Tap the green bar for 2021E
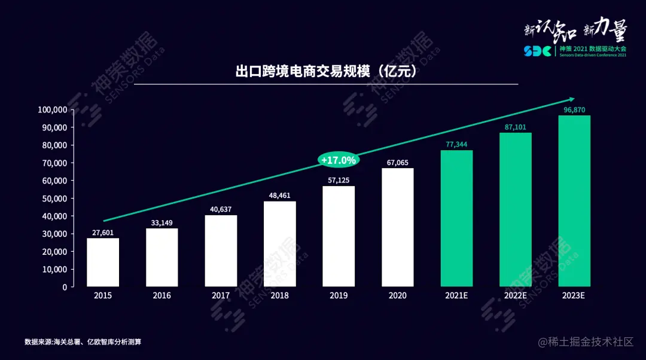point(456,218)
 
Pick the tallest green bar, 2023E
point(574,201)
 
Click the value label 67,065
point(397,162)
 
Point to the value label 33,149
point(161,222)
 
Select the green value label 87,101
point(515,127)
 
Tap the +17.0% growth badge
point(339,160)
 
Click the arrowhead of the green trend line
point(571,99)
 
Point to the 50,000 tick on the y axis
point(52,199)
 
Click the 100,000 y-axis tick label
point(52,110)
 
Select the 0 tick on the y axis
point(64,287)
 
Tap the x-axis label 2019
point(339,295)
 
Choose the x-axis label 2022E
point(515,295)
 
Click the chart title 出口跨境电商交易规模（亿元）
point(325,72)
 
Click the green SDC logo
point(538,51)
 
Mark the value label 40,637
point(221,209)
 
